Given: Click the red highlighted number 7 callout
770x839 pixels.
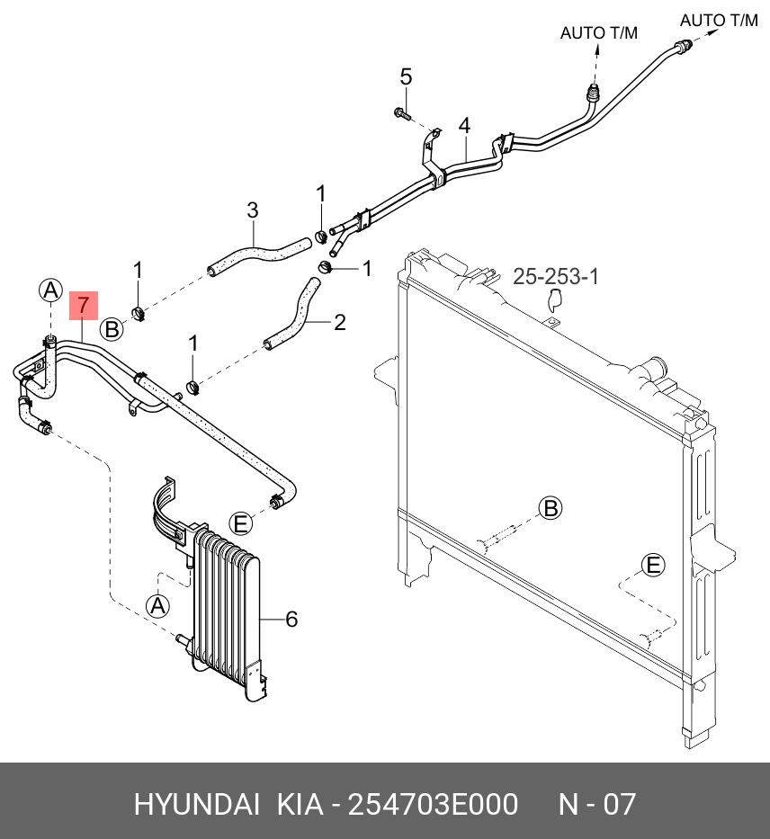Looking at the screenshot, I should coord(82,307).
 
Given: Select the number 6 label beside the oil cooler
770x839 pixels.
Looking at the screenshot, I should coord(291,619).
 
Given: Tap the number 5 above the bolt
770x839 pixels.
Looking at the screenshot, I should coord(406,76).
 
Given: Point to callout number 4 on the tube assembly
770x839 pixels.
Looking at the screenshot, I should coord(464,124).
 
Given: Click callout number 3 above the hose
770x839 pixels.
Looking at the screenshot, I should coord(253,210).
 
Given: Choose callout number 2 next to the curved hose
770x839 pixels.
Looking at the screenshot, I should coord(339,322).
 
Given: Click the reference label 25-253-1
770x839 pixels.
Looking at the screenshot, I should coord(556,277).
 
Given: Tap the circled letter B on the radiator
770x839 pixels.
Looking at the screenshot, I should coord(551,508).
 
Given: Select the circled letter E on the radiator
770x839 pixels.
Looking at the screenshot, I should coord(653,565).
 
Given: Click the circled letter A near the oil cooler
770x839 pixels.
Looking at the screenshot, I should coord(158,606).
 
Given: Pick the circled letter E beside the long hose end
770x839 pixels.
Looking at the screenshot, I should coord(240,522).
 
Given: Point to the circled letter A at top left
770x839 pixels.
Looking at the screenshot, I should coord(50,290).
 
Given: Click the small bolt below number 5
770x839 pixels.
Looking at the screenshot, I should coord(401,113).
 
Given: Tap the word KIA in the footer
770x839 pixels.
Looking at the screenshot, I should coord(300,803).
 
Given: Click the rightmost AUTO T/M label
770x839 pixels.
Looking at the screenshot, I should coord(718,21).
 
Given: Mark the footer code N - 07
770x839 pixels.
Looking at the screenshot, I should coord(598,803).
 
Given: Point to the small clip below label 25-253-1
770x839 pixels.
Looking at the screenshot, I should coord(554,302).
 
